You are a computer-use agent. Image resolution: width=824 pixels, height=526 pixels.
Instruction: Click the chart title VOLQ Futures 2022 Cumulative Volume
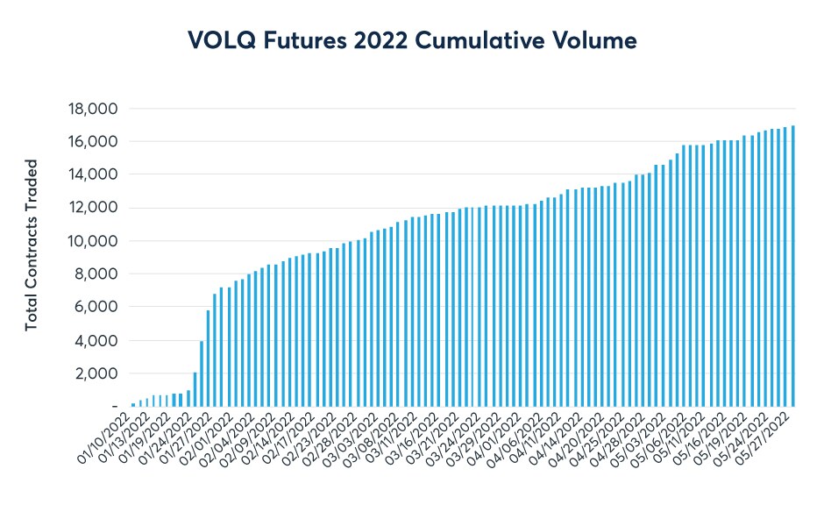(411, 39)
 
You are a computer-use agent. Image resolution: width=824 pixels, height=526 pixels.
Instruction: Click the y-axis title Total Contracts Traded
(32, 245)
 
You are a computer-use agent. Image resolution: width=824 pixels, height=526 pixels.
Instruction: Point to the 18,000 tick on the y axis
(93, 109)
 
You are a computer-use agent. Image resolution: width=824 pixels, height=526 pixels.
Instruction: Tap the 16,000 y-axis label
(93, 142)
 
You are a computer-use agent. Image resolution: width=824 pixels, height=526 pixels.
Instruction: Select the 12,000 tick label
(93, 208)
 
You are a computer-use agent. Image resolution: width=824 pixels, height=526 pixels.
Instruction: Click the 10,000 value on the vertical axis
(93, 241)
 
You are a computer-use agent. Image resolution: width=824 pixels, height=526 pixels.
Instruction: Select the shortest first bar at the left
(133, 404)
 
